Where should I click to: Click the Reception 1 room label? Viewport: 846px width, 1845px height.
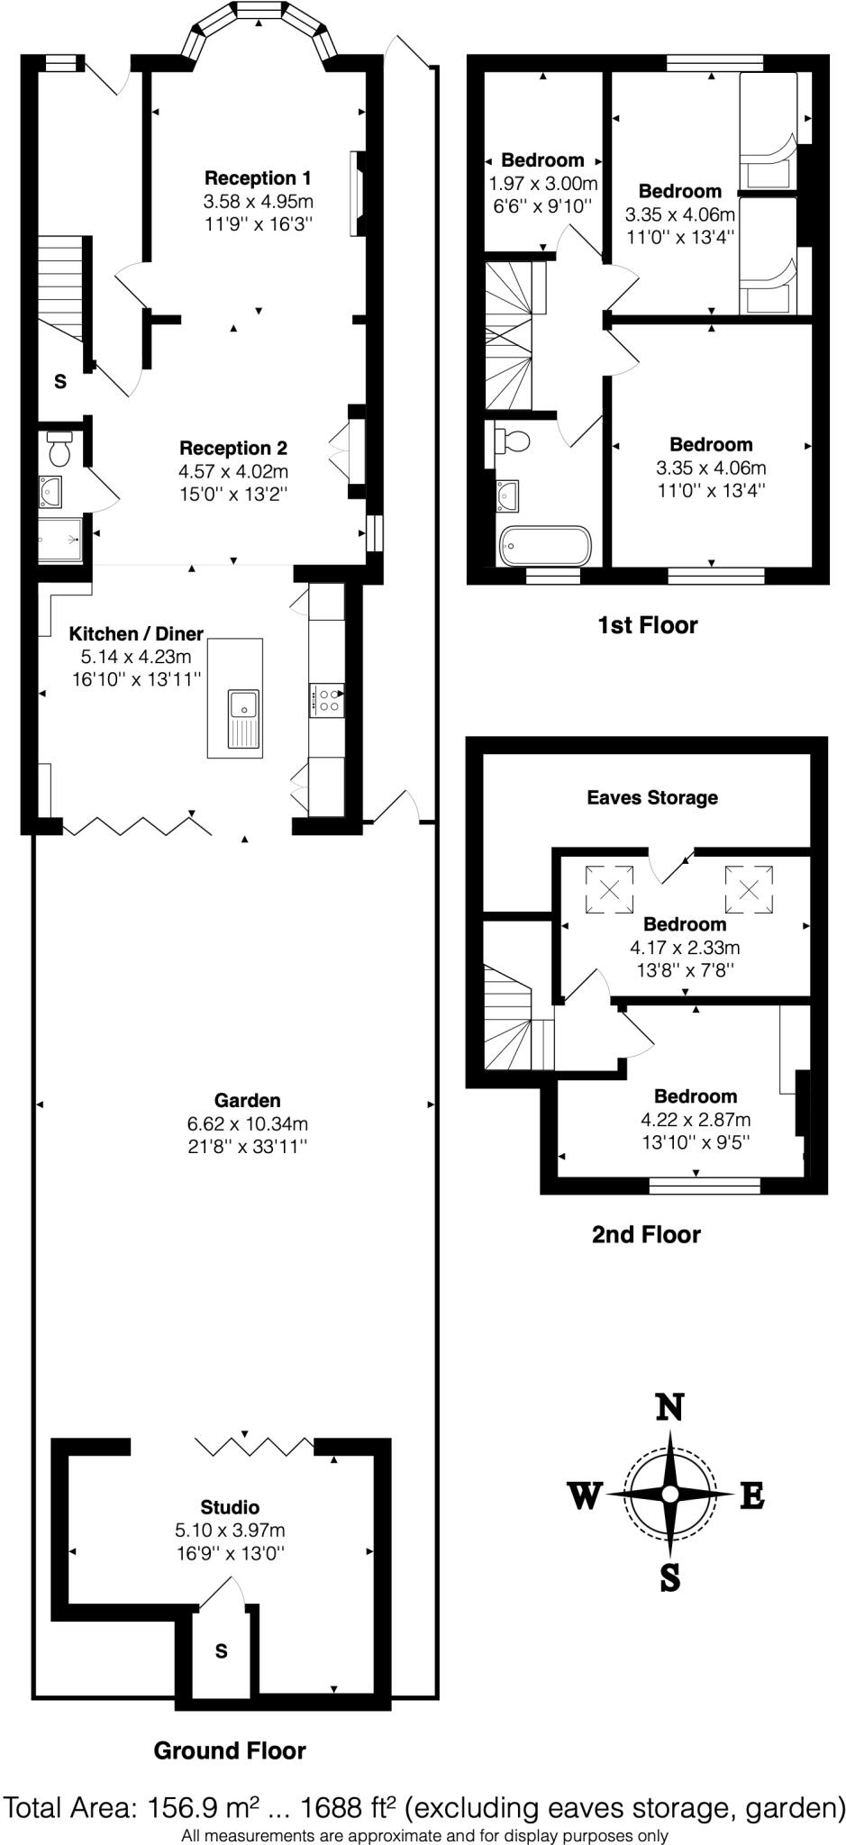coord(258,177)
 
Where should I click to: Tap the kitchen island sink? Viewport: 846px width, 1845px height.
coord(243,704)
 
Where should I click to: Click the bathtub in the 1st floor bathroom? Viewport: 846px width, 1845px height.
coord(544,545)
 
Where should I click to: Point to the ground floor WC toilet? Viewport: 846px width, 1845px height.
coord(60,449)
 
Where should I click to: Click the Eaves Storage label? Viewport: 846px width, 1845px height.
coord(652,797)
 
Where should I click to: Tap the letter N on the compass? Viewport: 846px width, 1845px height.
coord(669,1407)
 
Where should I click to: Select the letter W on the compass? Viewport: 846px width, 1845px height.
coord(584,1496)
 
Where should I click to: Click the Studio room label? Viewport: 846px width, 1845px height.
coord(230,1507)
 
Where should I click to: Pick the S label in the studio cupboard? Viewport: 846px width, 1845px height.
coord(221,1651)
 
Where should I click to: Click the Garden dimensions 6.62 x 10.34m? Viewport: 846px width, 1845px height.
coord(248,1123)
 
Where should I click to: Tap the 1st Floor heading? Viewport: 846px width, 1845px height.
coord(647,625)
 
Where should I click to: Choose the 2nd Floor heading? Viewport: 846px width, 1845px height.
coord(646,1234)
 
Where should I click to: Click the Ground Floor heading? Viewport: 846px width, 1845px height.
coord(230,1750)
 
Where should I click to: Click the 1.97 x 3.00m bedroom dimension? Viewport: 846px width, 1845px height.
coord(543,183)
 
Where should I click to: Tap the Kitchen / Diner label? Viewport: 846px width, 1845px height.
coord(137,633)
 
